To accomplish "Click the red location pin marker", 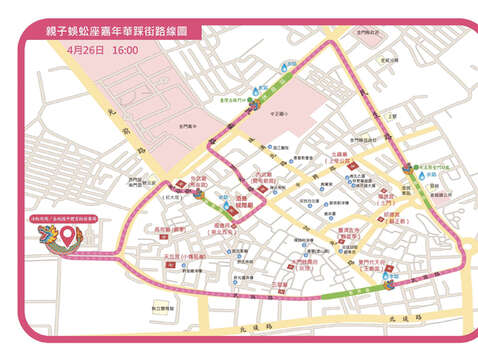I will point(68,237).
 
